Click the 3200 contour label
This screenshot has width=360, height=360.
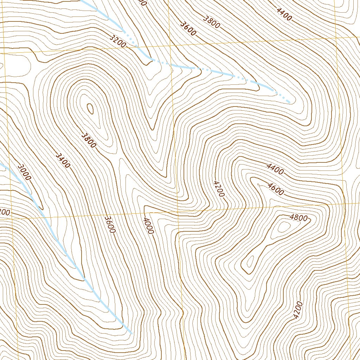point(117,41)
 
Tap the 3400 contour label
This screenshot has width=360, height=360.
point(63,160)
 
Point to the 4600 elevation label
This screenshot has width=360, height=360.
point(275,189)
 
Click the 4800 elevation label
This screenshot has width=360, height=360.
point(298,218)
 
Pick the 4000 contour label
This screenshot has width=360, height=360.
point(148,226)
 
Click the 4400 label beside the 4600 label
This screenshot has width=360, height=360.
point(275,169)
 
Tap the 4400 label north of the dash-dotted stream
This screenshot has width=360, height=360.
point(284,14)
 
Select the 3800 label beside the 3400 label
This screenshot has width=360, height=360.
point(88,140)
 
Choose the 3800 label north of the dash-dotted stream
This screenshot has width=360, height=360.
point(212,22)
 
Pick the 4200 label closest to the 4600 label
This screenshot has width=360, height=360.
point(218,188)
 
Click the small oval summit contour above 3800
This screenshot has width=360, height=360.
point(90,109)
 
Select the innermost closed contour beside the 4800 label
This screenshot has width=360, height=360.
point(282,227)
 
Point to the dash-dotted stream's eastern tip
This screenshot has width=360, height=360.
point(289,102)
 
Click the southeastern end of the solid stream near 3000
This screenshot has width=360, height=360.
point(131,333)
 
